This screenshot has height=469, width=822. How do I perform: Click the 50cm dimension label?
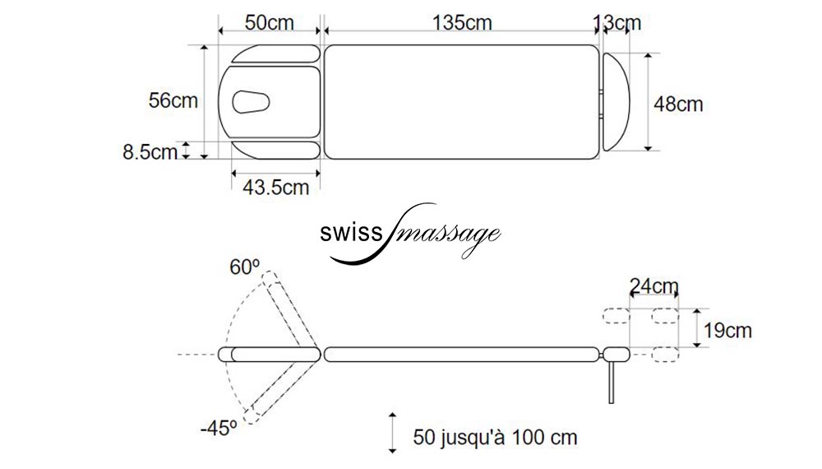click(x=269, y=22)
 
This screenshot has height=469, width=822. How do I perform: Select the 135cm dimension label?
click(x=462, y=22)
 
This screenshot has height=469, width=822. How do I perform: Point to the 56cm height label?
click(x=173, y=100)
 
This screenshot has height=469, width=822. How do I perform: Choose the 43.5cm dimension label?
click(x=275, y=187)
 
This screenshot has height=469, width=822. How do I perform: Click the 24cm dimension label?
click(x=653, y=287)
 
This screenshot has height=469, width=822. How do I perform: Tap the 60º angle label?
click(x=245, y=267)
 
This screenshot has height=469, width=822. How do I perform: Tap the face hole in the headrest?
click(x=251, y=101)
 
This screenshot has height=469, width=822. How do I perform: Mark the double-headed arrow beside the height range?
click(x=393, y=433)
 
